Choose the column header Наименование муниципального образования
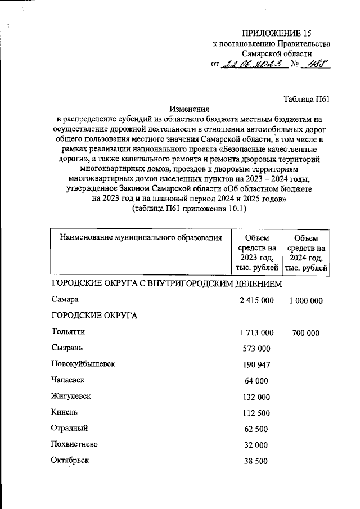click(141, 238)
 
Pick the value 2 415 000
click(256, 300)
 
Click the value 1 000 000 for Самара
click(306, 301)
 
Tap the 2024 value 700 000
click(306, 333)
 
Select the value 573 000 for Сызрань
click(257, 349)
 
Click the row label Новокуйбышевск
click(83, 364)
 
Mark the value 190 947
click(257, 365)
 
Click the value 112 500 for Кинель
click(257, 413)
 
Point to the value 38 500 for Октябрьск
click(257, 461)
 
